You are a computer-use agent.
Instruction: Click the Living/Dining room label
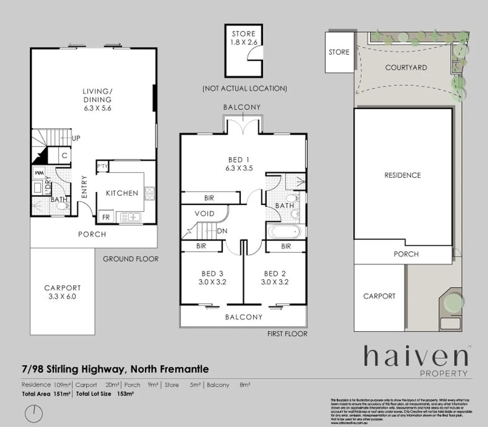pos(97,95)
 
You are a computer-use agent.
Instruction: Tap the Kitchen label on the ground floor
pos(122,193)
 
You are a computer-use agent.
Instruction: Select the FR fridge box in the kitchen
pos(106,217)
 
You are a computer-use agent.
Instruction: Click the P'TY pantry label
pos(102,166)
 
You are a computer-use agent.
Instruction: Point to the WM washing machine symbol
pos(39,173)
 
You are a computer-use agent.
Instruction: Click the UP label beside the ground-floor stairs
pos(76,138)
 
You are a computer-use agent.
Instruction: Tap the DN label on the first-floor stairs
pos(222,231)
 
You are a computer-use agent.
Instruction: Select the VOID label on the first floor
pos(205,213)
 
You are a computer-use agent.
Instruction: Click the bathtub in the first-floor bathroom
pos(284,232)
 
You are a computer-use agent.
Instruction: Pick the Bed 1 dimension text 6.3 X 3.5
pos(239,168)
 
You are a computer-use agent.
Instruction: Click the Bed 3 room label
pos(212,274)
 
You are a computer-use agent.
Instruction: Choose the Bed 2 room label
pos(275,274)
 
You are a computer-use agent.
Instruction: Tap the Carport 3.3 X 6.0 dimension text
pos(62,297)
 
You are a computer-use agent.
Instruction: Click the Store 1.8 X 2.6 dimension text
pos(244,42)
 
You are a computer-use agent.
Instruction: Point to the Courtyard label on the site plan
pos(406,68)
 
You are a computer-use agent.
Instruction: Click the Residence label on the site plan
pos(402,175)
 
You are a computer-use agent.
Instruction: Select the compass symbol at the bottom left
pos(34,413)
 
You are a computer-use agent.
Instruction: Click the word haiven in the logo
pos(415,357)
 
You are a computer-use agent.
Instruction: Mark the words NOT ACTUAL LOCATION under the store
pos(245,89)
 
